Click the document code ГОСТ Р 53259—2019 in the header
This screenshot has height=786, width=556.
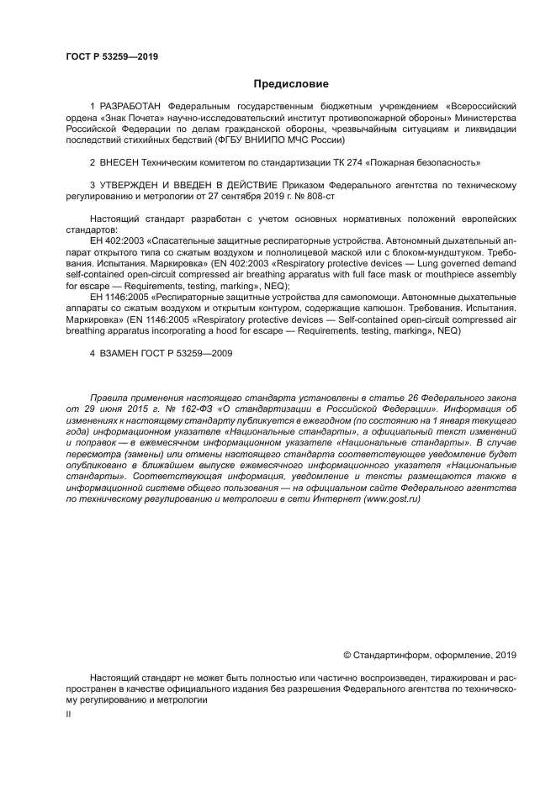(x=112, y=57)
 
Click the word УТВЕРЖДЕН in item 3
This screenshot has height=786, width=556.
(x=135, y=184)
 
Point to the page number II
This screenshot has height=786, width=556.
(x=68, y=713)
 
